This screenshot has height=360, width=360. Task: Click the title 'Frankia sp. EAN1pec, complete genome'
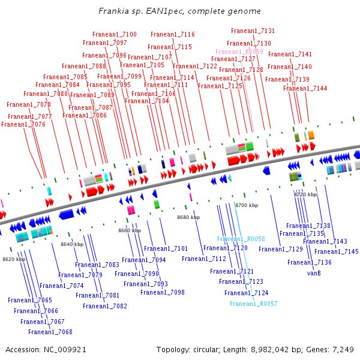click(x=180, y=11)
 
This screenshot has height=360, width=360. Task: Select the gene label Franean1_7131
click(x=253, y=31)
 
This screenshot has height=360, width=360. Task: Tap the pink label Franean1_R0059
click(x=239, y=52)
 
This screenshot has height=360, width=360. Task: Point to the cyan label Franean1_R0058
click(x=241, y=239)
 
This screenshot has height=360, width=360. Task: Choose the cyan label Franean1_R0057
click(x=253, y=304)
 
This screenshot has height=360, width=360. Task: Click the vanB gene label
click(x=314, y=273)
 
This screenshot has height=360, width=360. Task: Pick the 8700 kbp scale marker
click(x=246, y=205)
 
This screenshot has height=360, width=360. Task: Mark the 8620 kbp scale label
click(x=14, y=259)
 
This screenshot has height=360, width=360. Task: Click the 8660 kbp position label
click(x=129, y=230)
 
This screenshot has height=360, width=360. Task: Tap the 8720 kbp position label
click(x=305, y=195)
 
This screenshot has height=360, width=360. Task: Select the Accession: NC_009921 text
click(x=46, y=349)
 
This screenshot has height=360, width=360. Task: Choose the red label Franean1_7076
click(x=23, y=125)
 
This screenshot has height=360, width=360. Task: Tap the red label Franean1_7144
click(x=305, y=89)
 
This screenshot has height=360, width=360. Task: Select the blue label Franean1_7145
click(x=336, y=252)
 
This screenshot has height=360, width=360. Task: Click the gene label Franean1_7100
click(x=114, y=35)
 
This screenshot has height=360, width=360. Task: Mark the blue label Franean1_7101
click(x=166, y=248)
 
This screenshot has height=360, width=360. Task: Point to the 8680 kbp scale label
click(x=188, y=217)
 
